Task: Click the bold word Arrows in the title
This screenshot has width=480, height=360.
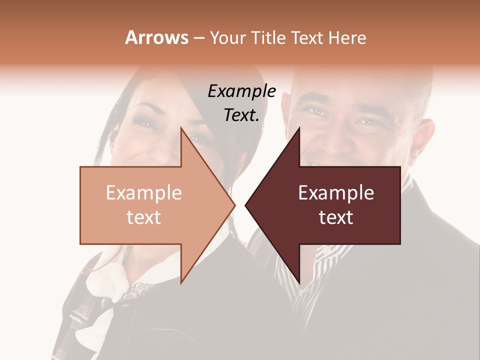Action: coord(156,37)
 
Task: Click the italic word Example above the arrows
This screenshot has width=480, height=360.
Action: coord(241,91)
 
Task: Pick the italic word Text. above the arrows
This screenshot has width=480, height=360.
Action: coord(241,115)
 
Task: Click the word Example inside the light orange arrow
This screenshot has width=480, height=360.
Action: coord(143,193)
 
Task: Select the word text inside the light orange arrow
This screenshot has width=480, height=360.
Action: coord(143,217)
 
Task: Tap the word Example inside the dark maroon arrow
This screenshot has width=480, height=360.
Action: coord(336,193)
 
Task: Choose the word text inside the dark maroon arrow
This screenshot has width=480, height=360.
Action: coord(336,217)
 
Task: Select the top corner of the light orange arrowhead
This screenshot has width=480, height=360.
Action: coord(181,128)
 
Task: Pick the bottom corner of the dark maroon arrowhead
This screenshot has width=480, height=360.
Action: coord(299,282)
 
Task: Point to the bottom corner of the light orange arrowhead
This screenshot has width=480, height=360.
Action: coord(181,282)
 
